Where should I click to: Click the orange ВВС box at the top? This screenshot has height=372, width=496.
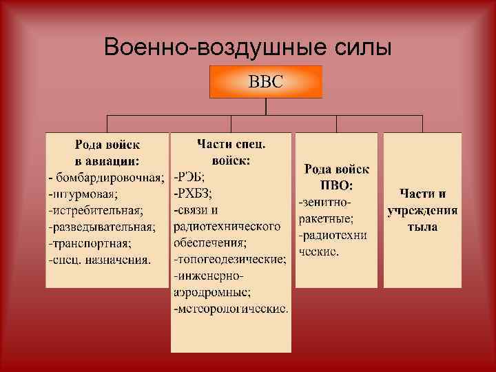click(x=266, y=81)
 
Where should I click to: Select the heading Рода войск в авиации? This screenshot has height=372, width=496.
click(x=107, y=153)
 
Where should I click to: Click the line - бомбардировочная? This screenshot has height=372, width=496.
click(x=106, y=178)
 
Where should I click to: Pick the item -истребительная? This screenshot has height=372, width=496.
click(x=95, y=210)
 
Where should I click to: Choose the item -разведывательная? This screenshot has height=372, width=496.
click(x=101, y=227)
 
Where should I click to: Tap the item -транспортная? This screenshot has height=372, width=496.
click(x=89, y=243)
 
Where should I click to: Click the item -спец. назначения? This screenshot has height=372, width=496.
click(x=99, y=260)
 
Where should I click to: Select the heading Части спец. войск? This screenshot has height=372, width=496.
click(x=231, y=152)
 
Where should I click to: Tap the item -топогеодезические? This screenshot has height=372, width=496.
click(x=229, y=259)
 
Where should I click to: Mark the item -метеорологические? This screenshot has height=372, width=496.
click(x=231, y=309)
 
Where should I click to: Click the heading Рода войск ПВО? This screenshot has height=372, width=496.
click(x=337, y=177)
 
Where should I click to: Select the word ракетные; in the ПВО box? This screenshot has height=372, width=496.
click(x=326, y=218)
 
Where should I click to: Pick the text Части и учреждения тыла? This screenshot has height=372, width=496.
click(x=422, y=210)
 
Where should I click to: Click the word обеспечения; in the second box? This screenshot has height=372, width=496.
click(x=211, y=242)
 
